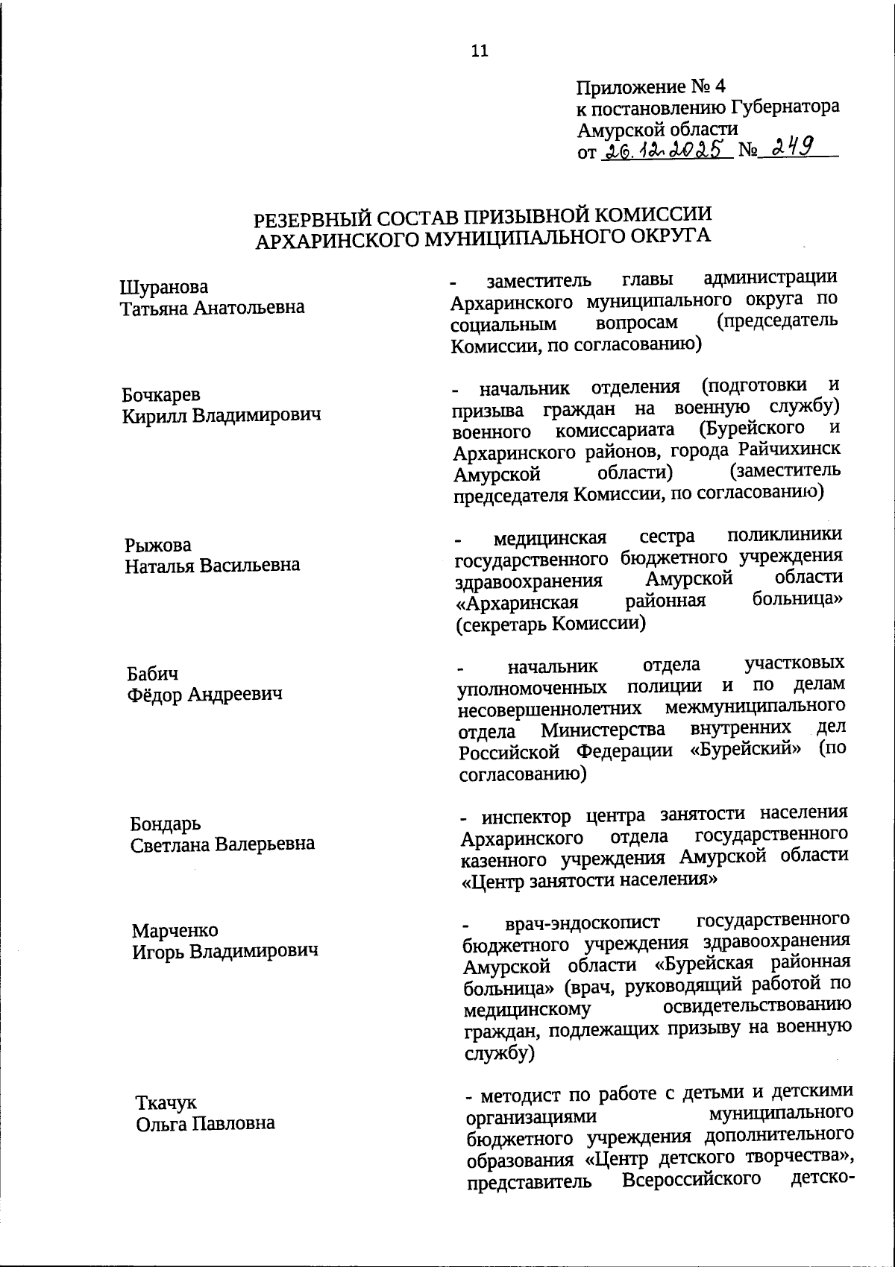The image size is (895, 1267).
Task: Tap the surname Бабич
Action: [x=153, y=675]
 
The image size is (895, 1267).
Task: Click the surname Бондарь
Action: [x=166, y=824]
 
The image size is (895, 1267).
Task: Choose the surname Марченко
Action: [x=175, y=931]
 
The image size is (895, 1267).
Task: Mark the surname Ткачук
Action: [x=166, y=1103]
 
